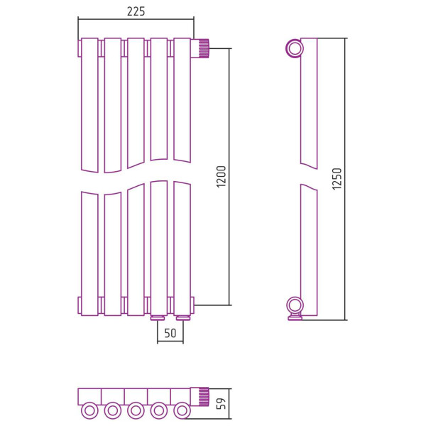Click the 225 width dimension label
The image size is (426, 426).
pos(136,11)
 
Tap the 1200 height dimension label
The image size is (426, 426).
pos(222,177)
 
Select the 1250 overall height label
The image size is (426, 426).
pos(337,179)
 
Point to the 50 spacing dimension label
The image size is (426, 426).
pos(170,333)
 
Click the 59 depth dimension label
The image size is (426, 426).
pos(222,403)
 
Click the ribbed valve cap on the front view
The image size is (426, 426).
pos(204,48)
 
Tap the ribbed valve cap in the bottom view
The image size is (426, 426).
pos(204,397)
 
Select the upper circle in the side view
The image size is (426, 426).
pos(295,48)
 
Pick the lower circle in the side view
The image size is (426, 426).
pos(295,305)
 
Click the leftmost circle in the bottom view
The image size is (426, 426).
pos(89,411)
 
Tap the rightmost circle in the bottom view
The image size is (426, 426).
pos(182,411)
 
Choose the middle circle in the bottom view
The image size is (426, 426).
pos(136,411)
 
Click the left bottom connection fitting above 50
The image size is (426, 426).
pos(158,317)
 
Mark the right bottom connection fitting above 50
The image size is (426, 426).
pos(183,317)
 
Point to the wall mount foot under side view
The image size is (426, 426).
pos(295,317)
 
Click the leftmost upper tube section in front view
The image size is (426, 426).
pos(89,105)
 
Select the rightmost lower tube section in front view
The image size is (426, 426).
pos(182,248)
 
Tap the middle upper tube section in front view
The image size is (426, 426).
pos(136,103)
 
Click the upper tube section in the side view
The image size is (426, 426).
pos(309,103)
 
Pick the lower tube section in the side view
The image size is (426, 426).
pos(309,250)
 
